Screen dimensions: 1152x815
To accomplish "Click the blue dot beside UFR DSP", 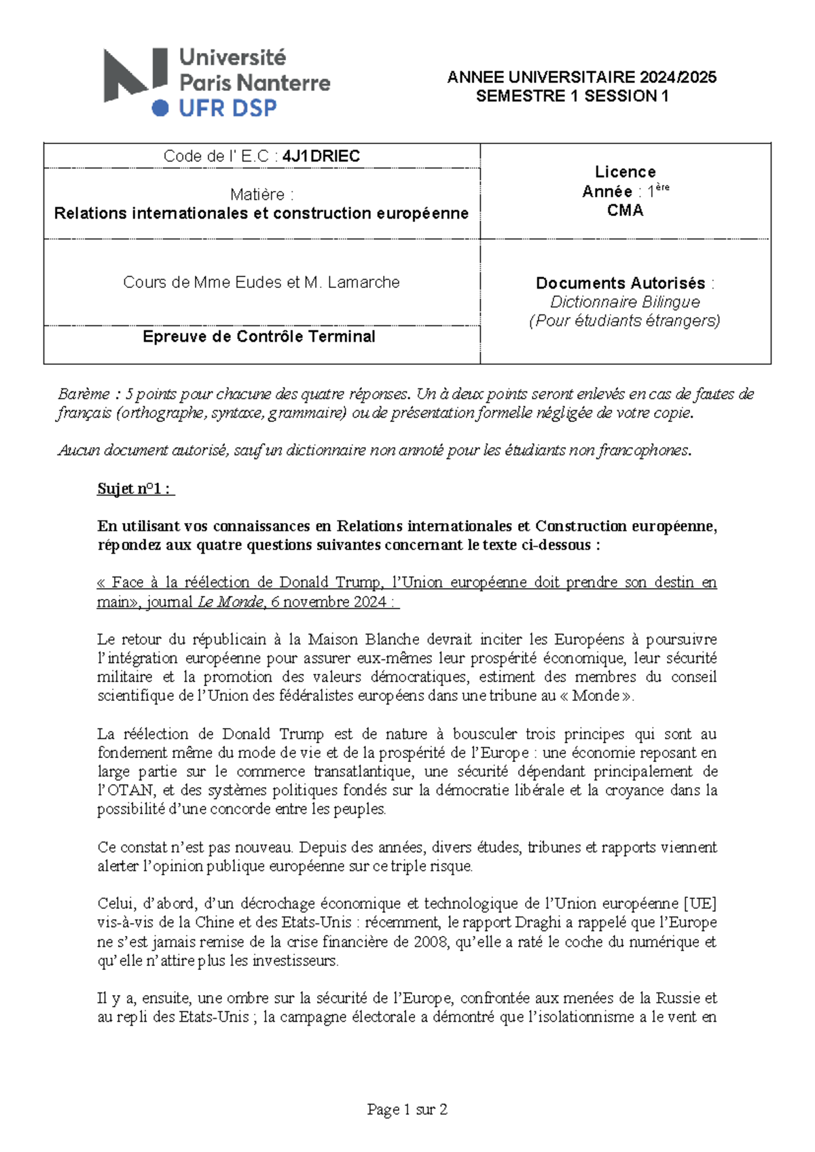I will tap(160, 108).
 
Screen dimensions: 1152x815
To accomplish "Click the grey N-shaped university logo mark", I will tap(134, 74).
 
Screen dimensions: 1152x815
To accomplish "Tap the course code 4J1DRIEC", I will tap(321, 156).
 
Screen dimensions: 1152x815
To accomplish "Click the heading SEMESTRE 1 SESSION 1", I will tap(572, 96).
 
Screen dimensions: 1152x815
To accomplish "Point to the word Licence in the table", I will tap(625, 172).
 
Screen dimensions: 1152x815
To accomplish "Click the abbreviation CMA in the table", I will tap(625, 211).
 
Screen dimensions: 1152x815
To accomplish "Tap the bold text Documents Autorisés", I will tap(620, 283).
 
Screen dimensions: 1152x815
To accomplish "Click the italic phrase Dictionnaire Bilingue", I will tap(625, 302).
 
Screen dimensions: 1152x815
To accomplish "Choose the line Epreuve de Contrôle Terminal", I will tap(259, 337).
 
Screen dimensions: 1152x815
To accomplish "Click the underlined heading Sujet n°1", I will tap(135, 489).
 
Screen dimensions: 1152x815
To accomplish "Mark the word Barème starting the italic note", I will tap(84, 394).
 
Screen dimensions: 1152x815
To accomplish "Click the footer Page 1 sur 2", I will tap(407, 1110).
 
